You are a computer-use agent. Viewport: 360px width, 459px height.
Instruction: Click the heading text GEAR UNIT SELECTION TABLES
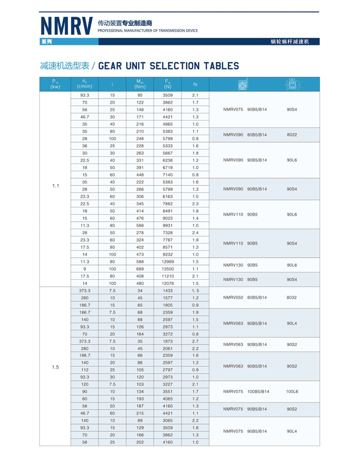(x=169, y=66)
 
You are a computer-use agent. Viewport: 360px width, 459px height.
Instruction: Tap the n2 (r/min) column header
(x=85, y=84)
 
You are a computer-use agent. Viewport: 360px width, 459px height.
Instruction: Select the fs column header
(x=195, y=84)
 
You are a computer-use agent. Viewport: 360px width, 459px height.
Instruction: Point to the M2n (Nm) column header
(x=140, y=84)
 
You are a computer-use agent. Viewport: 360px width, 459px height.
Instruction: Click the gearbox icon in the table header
(x=243, y=84)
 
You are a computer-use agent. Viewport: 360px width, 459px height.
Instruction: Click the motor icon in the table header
(x=291, y=84)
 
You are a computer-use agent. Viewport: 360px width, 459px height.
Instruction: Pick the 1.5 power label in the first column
(x=56, y=367)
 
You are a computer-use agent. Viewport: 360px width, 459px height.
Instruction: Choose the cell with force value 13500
(x=168, y=269)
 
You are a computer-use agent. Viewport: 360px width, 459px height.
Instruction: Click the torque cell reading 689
(x=140, y=269)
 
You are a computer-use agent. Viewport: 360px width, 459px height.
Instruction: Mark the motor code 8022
(x=291, y=135)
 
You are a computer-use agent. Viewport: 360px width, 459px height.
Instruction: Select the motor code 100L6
(x=292, y=391)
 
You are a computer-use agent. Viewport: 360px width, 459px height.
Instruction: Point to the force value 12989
(x=168, y=262)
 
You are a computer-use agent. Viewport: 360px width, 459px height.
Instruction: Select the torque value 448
(x=140, y=175)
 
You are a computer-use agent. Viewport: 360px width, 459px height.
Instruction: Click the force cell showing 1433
(x=168, y=291)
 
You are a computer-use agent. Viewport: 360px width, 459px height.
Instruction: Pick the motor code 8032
(x=291, y=298)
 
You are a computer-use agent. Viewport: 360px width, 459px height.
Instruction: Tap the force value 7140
(x=168, y=175)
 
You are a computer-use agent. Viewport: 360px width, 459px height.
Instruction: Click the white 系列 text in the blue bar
(x=46, y=42)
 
